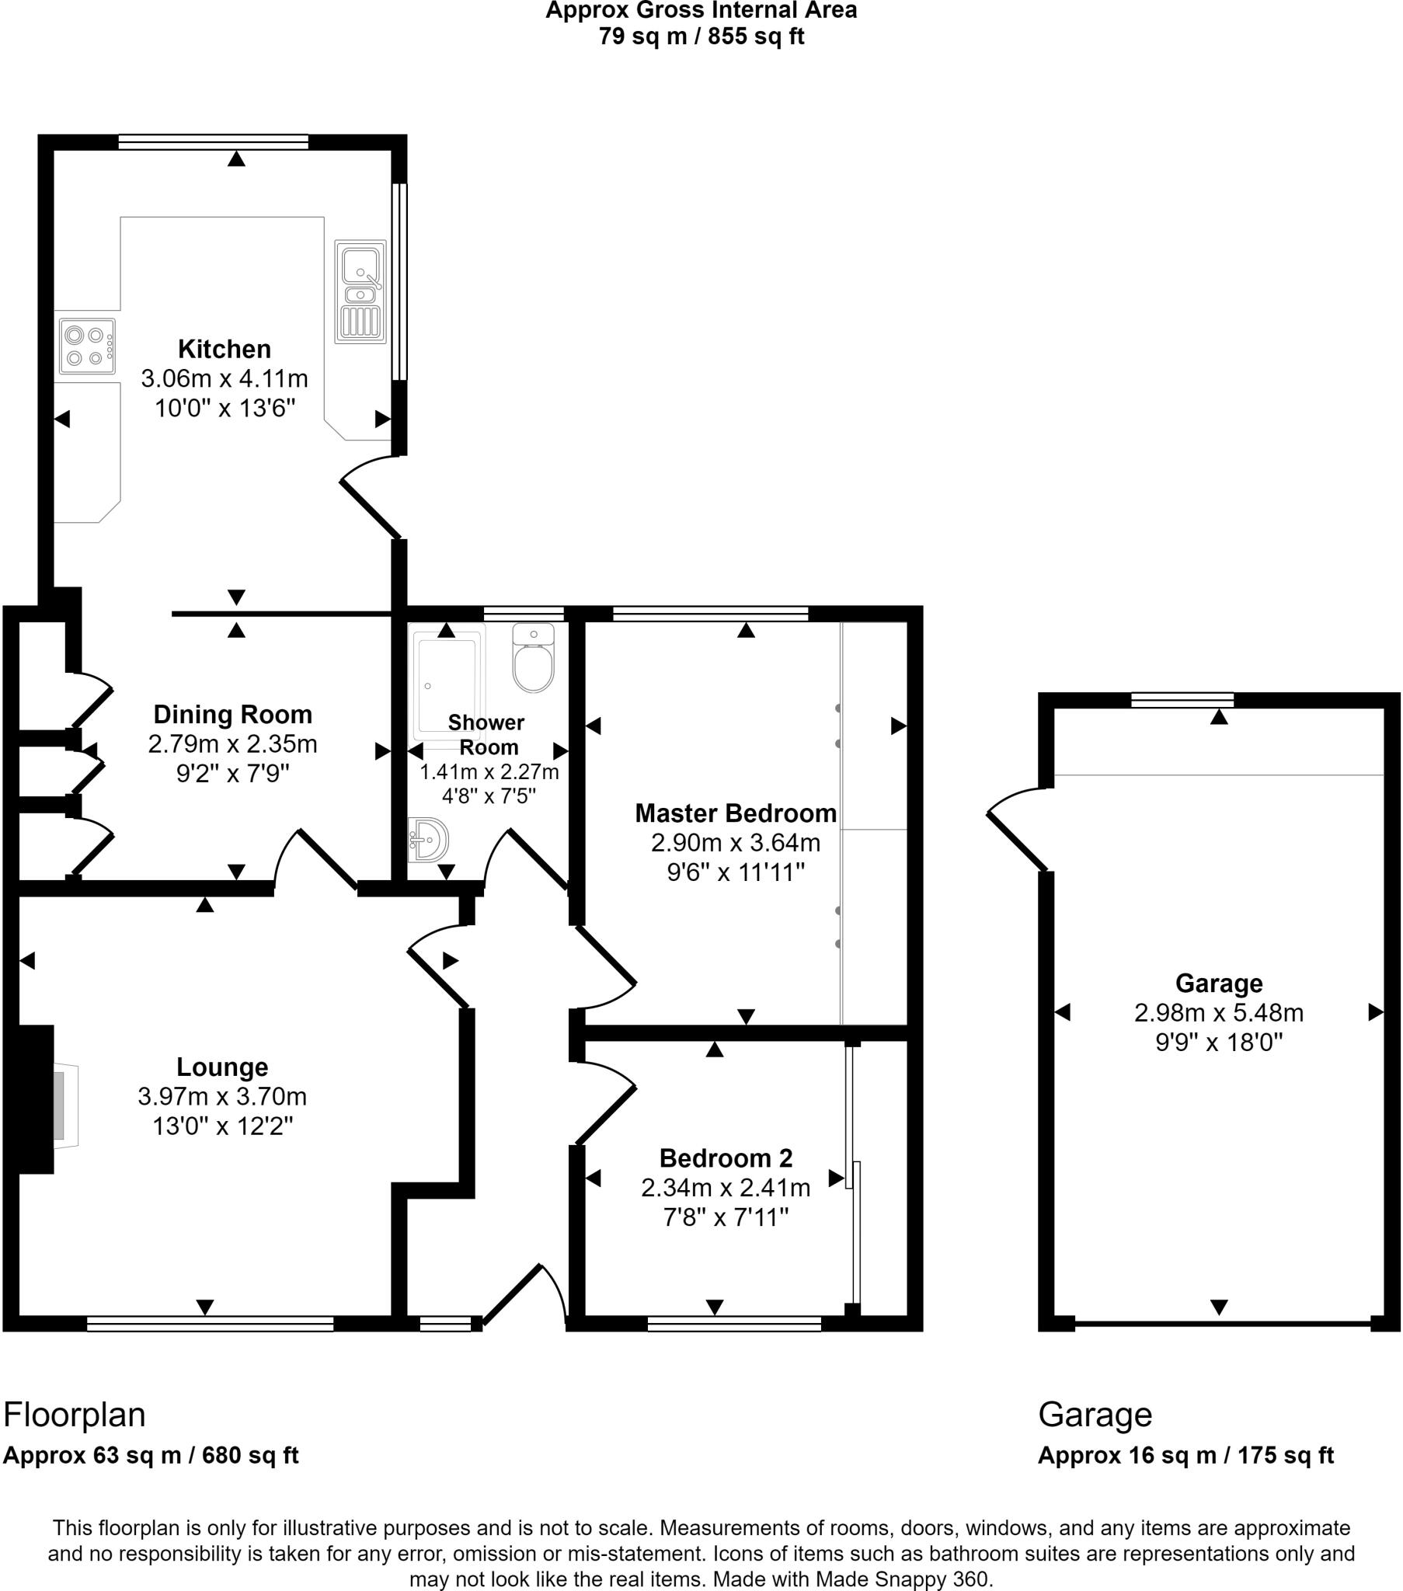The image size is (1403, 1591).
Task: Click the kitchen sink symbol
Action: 360,291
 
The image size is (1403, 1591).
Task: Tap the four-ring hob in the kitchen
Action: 86,346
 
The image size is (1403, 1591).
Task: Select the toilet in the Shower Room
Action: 534,659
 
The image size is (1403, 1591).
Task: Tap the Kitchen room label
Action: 225,349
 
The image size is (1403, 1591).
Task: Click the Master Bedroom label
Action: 735,813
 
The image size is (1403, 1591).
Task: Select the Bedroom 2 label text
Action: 726,1158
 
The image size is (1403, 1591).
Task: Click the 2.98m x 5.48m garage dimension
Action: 1218,1013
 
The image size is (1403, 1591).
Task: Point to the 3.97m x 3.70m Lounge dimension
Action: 222,1097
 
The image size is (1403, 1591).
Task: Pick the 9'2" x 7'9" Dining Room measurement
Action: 232,774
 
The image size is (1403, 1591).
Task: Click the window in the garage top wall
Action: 1182,700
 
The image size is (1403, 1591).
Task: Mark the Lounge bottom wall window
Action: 211,1323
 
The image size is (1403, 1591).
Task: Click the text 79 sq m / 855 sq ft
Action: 701,37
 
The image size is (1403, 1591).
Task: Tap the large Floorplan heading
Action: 75,1415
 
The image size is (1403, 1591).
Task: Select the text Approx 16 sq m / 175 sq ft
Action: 1185,1456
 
